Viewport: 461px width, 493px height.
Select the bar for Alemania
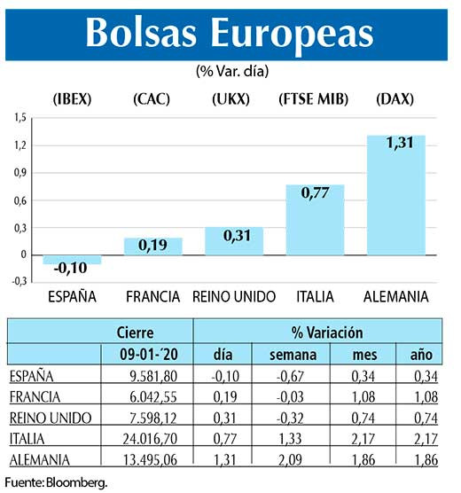[x=395, y=204]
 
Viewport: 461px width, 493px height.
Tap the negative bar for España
[x=71, y=260]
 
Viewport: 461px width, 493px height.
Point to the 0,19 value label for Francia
[x=152, y=246]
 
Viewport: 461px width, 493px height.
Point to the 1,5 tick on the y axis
[x=20, y=116]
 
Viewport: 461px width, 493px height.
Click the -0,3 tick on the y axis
[x=19, y=282]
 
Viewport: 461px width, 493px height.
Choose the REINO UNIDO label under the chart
[x=235, y=296]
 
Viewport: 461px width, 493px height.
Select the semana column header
[x=291, y=355]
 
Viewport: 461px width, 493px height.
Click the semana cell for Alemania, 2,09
[x=293, y=458]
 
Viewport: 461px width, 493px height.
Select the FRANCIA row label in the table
[x=34, y=396]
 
